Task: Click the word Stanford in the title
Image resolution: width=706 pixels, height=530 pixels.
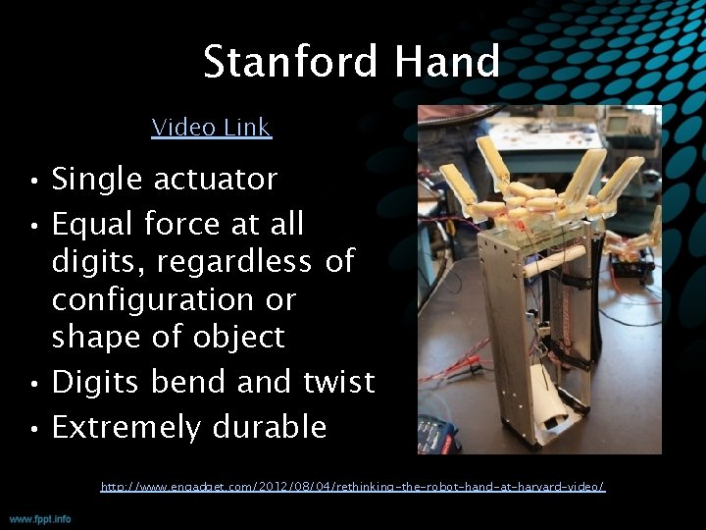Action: (289, 62)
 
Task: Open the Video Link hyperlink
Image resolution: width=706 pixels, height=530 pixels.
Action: (211, 128)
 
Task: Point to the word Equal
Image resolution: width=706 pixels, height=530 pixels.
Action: (92, 225)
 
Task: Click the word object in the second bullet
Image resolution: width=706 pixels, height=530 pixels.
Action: (240, 337)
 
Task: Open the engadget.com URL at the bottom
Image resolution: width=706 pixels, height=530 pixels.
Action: (353, 487)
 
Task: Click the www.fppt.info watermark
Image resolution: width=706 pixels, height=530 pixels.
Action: (40, 518)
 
